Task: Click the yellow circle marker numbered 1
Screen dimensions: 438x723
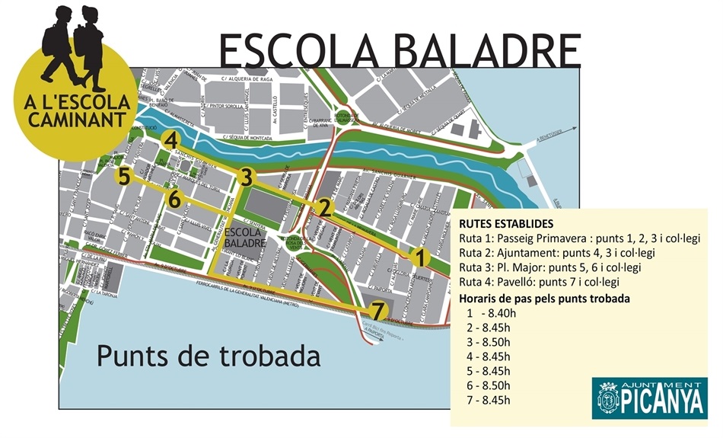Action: coord(418,258)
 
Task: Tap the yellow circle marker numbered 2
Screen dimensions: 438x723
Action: coord(324,207)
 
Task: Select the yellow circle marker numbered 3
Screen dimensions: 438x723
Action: coord(244,177)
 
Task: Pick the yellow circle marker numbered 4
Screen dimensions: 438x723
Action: coord(171,141)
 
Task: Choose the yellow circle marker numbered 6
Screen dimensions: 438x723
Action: coord(174,200)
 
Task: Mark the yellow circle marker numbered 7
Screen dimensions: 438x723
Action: coord(380,310)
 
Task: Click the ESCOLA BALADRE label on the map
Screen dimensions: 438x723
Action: coord(244,238)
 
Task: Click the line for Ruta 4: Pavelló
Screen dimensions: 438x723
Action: coord(544,282)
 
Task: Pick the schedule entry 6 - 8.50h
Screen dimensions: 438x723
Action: coord(491,385)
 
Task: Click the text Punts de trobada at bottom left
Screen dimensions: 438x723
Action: coord(208,355)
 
